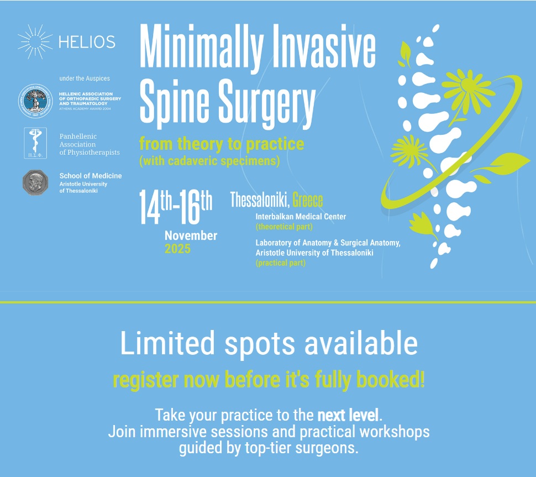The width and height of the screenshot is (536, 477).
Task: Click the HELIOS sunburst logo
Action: [35, 41]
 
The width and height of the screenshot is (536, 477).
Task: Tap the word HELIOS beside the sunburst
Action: [87, 42]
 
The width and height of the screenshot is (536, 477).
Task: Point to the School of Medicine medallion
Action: [35, 182]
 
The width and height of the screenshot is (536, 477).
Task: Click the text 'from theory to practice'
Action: [222, 144]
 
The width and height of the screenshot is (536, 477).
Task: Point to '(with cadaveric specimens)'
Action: [210, 162]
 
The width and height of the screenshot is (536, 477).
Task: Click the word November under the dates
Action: [191, 235]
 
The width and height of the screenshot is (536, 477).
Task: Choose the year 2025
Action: [177, 249]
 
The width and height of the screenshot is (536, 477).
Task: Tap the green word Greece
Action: [308, 200]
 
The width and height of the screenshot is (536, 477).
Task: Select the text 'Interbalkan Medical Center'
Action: [301, 217]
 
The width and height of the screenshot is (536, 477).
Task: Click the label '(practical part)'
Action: [280, 263]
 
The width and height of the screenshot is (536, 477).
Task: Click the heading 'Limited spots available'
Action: [269, 343]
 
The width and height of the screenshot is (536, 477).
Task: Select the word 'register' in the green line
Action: [145, 380]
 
